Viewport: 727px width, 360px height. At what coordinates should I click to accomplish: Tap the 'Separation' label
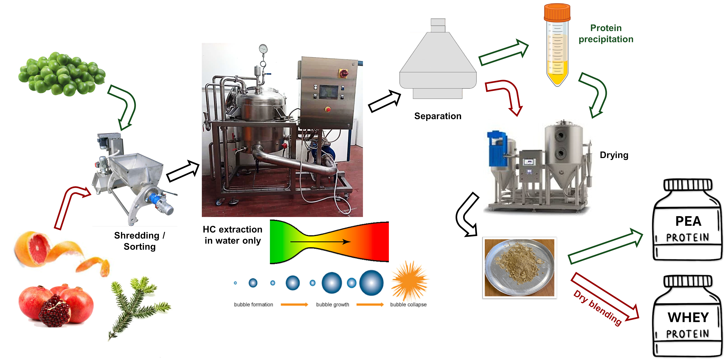[438, 116]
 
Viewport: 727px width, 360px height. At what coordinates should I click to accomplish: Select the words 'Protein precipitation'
[606, 34]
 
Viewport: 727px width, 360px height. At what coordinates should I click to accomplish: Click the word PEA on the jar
[688, 221]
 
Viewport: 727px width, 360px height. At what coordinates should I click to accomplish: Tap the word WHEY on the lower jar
[688, 317]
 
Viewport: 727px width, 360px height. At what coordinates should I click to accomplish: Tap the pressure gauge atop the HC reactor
[263, 49]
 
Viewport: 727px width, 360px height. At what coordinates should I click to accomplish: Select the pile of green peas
[62, 74]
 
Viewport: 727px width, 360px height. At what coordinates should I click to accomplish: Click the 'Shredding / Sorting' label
[140, 241]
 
